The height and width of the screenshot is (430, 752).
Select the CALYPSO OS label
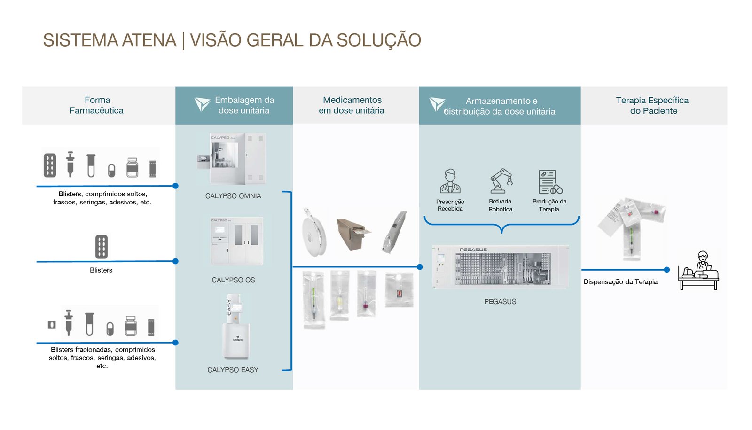click(x=233, y=280)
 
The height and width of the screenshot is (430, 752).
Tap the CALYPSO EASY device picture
click(x=235, y=327)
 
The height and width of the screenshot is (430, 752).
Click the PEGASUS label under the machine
click(x=500, y=302)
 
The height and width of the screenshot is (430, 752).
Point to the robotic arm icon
click(x=501, y=181)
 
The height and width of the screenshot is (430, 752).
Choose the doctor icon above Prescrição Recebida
click(x=450, y=181)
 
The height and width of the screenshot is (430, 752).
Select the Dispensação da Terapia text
click(x=620, y=282)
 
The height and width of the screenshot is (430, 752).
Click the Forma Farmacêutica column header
click(x=97, y=105)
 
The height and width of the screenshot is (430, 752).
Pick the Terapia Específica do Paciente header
click(x=653, y=105)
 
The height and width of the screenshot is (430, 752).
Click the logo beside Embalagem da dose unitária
click(x=202, y=104)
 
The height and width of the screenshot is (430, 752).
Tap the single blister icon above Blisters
click(x=101, y=247)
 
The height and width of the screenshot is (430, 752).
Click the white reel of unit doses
click(x=314, y=232)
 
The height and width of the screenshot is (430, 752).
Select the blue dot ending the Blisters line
click(x=175, y=261)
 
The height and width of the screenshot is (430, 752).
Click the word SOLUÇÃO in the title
click(x=379, y=40)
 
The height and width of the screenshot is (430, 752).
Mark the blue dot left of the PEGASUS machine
click(x=420, y=267)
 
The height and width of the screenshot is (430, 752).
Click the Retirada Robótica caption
click(x=500, y=205)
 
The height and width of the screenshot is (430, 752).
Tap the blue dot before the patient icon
click(x=666, y=270)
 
